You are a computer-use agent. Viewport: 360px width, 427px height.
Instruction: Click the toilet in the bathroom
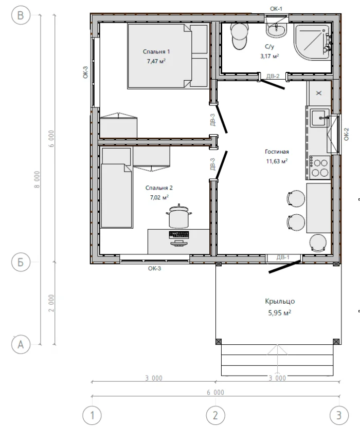point(240,36)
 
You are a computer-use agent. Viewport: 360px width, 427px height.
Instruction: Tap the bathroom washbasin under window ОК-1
point(276,30)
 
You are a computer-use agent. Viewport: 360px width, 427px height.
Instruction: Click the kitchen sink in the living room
point(320,118)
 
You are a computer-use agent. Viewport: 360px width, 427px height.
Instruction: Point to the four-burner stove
point(319,168)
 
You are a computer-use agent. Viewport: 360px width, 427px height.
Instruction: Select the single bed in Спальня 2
point(117,196)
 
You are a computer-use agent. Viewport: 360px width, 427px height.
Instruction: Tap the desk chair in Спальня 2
point(179,216)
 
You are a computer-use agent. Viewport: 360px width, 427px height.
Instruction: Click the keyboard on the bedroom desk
point(179,235)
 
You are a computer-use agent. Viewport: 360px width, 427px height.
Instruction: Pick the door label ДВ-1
point(283,257)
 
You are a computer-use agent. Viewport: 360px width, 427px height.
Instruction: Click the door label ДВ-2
point(273,76)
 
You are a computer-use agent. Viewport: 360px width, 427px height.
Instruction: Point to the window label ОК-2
point(346,134)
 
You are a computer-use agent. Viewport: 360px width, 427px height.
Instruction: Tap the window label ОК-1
point(276,9)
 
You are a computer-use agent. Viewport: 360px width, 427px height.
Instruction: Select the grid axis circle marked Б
point(21,262)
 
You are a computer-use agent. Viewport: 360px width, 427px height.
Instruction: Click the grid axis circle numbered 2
point(215,416)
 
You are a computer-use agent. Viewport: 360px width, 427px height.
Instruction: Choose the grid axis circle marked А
point(21,344)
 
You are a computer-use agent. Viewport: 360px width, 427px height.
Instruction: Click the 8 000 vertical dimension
point(37,179)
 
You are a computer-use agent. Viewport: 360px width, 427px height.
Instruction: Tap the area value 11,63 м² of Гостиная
point(277,161)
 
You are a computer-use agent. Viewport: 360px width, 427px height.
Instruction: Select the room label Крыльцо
point(280,301)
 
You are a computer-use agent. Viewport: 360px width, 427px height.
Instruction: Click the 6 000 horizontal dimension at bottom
point(215,393)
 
